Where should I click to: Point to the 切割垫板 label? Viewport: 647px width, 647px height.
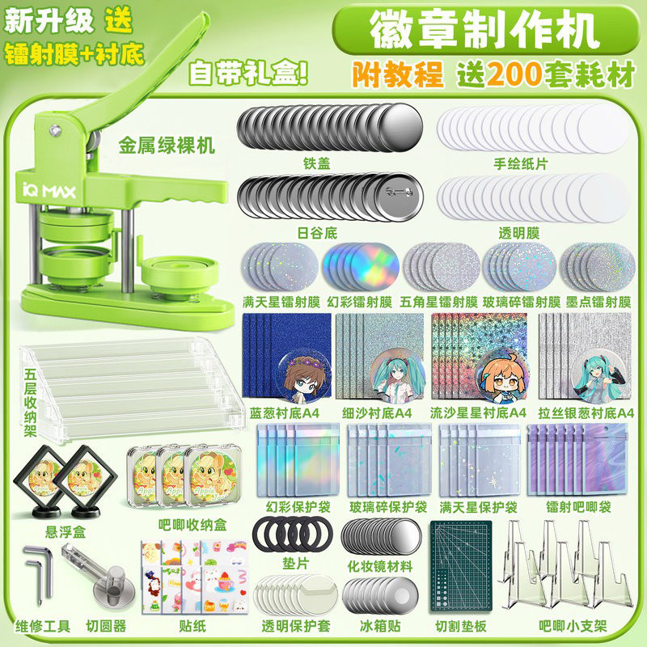point(462,625)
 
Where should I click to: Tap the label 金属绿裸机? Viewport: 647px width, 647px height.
point(167,146)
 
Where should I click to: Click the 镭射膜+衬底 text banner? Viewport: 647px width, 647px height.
point(74,54)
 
